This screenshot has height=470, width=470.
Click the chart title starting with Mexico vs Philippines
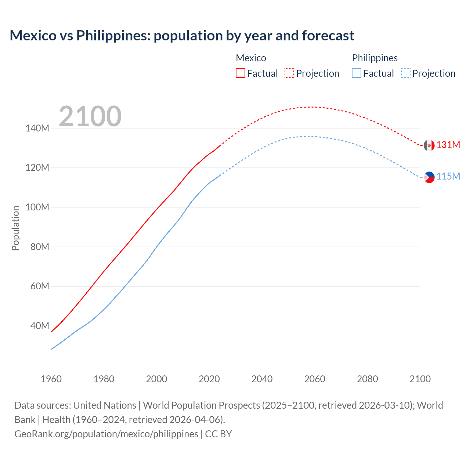click(x=182, y=36)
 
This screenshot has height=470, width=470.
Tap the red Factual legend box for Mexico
click(x=241, y=73)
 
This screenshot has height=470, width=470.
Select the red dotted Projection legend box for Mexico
click(x=289, y=73)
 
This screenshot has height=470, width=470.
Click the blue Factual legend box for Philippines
click(x=357, y=73)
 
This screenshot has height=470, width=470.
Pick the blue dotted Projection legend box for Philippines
click(x=405, y=73)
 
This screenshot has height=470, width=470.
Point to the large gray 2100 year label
click(x=90, y=116)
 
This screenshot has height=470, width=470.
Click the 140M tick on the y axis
click(x=37, y=128)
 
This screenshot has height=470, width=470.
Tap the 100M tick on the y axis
click(x=37, y=207)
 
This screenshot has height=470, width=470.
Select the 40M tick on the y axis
click(x=39, y=326)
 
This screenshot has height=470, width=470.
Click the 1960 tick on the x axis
click(x=51, y=379)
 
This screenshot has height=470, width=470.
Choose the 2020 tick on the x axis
click(x=209, y=379)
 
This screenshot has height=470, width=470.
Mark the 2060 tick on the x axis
click(x=315, y=379)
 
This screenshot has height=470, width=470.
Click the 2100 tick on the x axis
click(x=420, y=379)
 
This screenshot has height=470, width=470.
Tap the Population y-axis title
click(x=15, y=228)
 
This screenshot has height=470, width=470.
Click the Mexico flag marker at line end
click(x=429, y=145)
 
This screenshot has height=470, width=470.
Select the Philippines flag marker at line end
click(x=429, y=177)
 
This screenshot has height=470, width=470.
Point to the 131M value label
click(x=448, y=145)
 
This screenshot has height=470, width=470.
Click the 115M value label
click(x=448, y=176)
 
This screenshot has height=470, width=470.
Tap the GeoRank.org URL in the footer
click(x=106, y=434)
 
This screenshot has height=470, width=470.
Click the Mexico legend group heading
click(x=251, y=58)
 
